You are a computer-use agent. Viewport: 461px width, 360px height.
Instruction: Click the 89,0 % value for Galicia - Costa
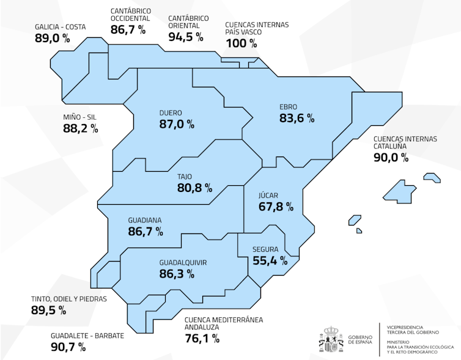tap(53, 39)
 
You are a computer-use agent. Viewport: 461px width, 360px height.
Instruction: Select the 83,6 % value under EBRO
tap(297, 118)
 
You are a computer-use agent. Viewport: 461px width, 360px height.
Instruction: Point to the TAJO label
tap(185, 177)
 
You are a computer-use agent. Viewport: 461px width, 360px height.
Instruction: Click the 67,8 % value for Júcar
tap(276, 207)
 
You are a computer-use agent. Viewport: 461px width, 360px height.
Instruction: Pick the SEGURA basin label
tap(265, 249)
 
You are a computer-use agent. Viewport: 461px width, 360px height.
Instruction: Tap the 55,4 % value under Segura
tap(270, 260)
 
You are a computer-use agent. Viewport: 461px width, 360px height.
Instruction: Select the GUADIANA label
tap(145, 220)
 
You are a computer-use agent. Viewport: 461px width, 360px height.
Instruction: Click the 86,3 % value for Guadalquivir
tap(177, 274)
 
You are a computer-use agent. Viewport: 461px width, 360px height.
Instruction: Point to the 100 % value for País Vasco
tap(242, 43)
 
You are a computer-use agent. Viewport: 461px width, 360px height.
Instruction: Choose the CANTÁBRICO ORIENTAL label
tap(188, 22)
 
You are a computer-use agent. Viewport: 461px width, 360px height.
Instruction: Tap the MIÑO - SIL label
tap(79, 117)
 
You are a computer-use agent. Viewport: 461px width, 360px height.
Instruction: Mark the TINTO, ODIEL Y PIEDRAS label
tap(68, 299)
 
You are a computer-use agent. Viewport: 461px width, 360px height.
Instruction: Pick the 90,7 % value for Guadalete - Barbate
tap(68, 347)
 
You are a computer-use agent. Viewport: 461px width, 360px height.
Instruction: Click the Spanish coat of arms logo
tap(331, 340)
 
